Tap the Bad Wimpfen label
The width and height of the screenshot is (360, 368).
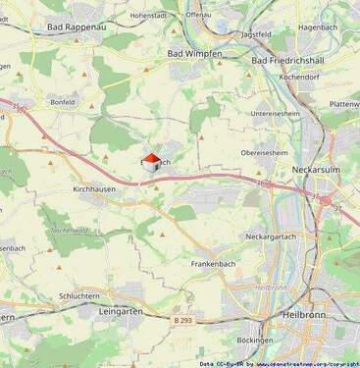[x=195, y=53]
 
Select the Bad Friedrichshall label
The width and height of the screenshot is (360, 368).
[x=294, y=61]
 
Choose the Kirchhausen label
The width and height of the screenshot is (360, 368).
[x=95, y=188]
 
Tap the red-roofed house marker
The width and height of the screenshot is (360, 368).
[x=150, y=162]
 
